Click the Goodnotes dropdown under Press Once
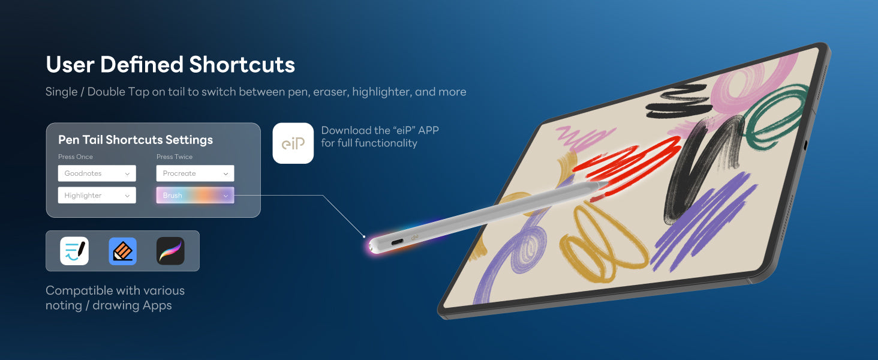coord(97,173)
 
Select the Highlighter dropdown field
coord(97,195)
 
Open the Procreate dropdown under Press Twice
coord(195,173)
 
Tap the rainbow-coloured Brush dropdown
coord(195,195)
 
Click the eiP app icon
coord(293,143)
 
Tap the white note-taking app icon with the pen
coord(74,251)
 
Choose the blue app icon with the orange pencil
coord(123,251)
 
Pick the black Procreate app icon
coord(170,251)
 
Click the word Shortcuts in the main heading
coord(242,65)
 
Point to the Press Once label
coord(76,157)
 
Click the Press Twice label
coord(175,157)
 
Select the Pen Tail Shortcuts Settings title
coord(136,140)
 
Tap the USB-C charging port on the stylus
coord(398,242)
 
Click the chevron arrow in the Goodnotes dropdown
coord(127,174)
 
